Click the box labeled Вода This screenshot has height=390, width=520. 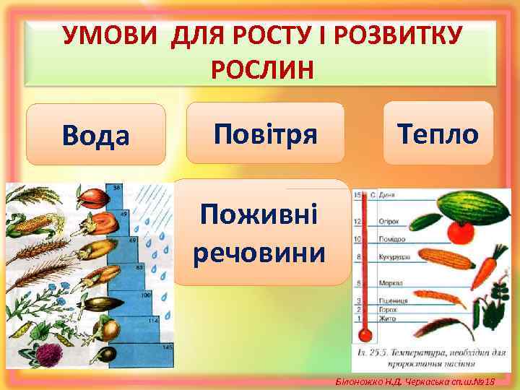[x=95, y=135]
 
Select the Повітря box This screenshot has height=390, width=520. [x=265, y=133]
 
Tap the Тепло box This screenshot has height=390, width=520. [x=438, y=133]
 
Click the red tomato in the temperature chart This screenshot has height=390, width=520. [x=459, y=230]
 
